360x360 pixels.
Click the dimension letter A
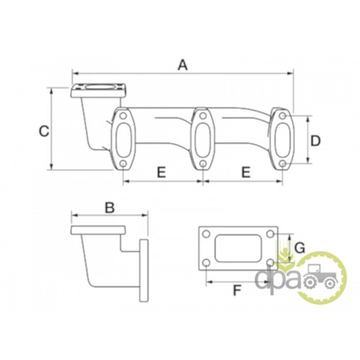point(182,66)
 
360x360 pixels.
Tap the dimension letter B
point(109,207)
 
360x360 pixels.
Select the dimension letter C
point(44,132)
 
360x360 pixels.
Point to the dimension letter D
point(315,141)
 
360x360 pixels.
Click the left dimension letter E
point(161,172)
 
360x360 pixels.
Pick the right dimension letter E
point(246,172)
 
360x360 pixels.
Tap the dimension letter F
point(237,290)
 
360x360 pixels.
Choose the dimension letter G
point(300,248)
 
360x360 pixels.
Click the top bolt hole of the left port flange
point(123,116)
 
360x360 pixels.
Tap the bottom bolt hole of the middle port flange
point(203,164)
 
